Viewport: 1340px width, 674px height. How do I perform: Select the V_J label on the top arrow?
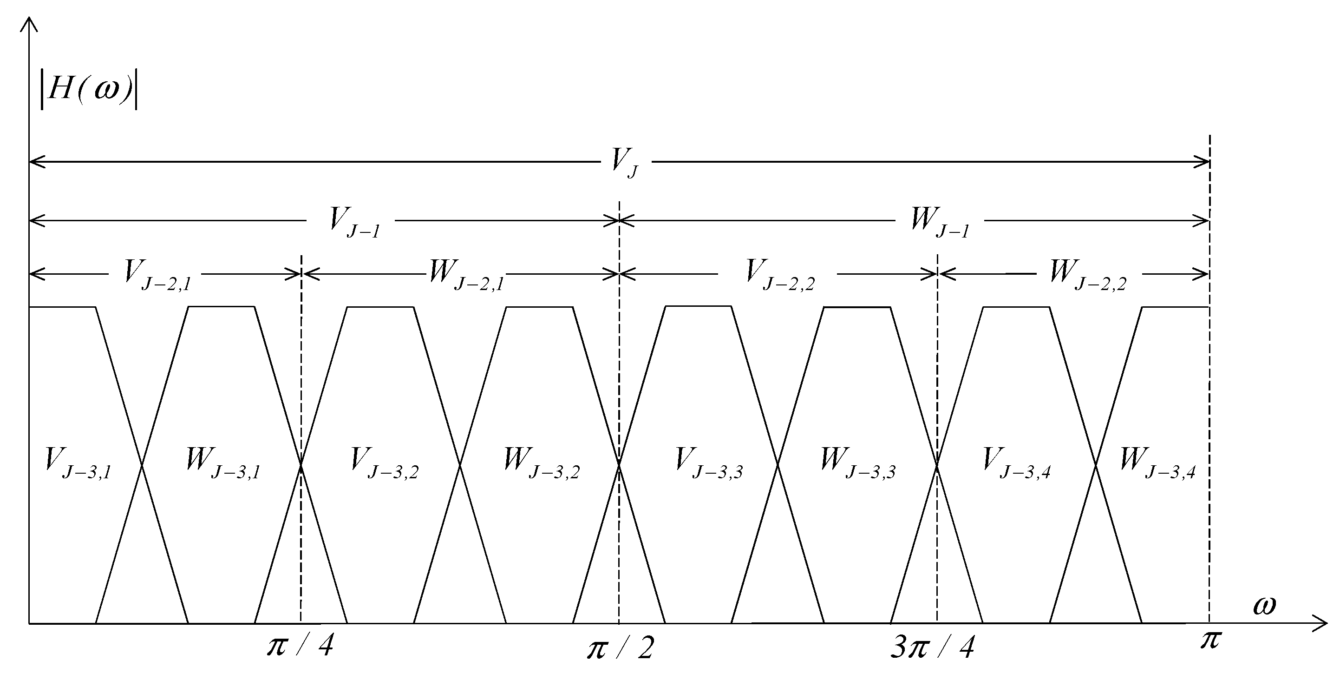[625, 164]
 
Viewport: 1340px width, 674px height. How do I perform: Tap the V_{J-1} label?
[354, 223]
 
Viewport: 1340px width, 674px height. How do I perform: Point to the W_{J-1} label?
[940, 223]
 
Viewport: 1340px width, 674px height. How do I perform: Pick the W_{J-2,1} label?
[465, 275]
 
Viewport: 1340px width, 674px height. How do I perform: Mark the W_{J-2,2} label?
[1087, 275]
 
